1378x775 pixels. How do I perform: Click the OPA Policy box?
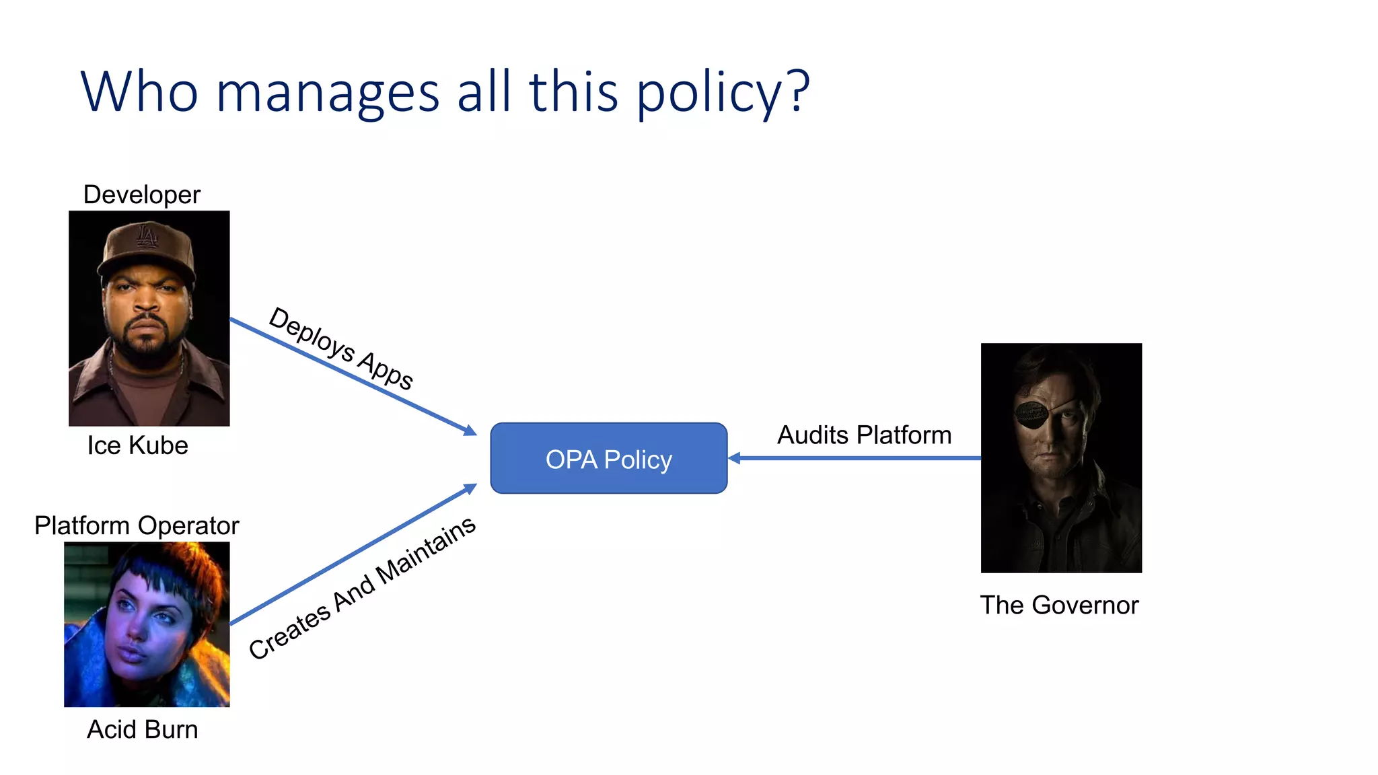click(x=608, y=459)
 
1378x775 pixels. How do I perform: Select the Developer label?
click(x=141, y=195)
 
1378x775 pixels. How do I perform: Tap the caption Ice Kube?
click(x=137, y=445)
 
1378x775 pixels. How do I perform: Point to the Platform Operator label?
click(x=137, y=525)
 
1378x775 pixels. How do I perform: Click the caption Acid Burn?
click(x=142, y=729)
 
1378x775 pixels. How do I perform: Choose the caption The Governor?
click(x=1059, y=605)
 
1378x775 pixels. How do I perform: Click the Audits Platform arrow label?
click(x=864, y=435)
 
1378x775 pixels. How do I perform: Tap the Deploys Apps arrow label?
click(x=341, y=348)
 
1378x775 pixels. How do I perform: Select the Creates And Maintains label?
click(x=362, y=587)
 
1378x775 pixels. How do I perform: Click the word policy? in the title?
click(x=723, y=93)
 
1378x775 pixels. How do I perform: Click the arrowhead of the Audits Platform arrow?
click(x=734, y=458)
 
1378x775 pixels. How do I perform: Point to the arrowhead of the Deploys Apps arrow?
click(x=470, y=431)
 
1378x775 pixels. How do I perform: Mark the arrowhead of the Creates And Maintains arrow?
click(x=470, y=488)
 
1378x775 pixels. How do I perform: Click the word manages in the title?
click(x=328, y=93)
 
